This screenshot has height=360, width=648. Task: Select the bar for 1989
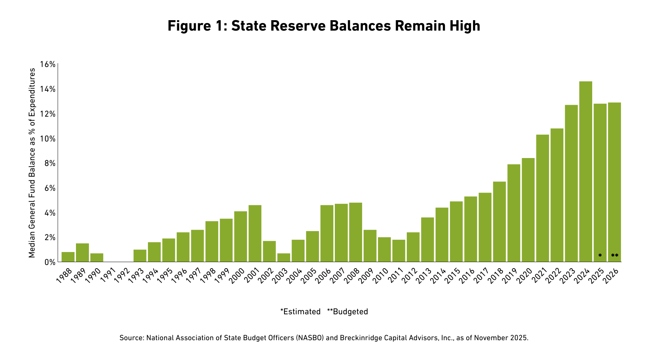click(x=82, y=253)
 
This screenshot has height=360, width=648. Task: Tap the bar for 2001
click(x=255, y=234)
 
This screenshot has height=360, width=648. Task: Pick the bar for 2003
click(x=284, y=258)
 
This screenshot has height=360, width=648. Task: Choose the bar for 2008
click(x=356, y=232)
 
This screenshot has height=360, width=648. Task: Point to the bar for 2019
click(x=514, y=213)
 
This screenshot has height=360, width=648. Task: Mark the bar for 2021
click(x=543, y=198)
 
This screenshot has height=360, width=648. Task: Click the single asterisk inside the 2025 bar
click(x=600, y=256)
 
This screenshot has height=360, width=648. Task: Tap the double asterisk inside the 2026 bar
click(x=615, y=256)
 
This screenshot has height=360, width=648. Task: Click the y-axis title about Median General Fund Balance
click(x=32, y=163)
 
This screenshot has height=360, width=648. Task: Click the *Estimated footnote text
click(x=300, y=312)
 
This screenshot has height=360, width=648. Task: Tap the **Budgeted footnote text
click(x=347, y=312)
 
